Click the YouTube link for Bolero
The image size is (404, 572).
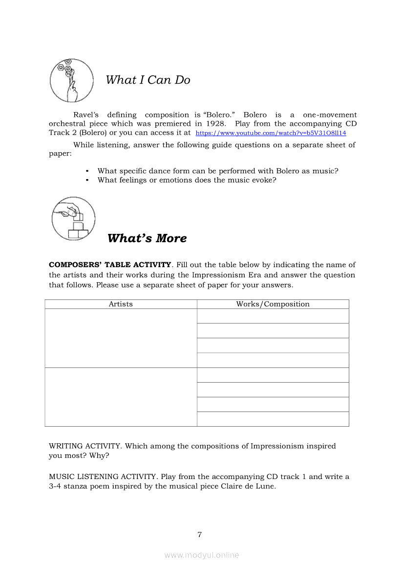271,133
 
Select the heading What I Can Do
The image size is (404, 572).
148,80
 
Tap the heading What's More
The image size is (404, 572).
147,238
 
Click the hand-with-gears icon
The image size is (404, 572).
71,80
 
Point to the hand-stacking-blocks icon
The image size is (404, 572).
73,218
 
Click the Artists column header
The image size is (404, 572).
121,304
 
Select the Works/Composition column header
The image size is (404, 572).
273,304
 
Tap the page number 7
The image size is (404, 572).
199,534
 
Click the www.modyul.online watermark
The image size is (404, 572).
202,555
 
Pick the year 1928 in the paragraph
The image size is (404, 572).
215,124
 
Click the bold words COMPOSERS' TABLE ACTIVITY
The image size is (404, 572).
110,265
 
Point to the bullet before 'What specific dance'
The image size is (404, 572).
87,171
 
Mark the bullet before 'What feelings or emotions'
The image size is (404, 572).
87,180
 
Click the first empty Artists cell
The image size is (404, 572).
121,338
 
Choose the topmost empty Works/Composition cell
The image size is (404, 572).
273,316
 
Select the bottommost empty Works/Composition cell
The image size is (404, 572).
273,419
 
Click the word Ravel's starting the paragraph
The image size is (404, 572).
86,114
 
